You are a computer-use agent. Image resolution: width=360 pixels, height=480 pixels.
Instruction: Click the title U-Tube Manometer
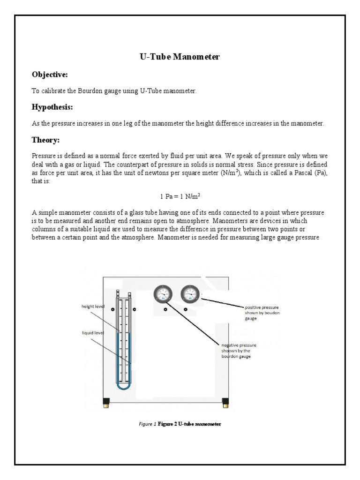tap(180, 57)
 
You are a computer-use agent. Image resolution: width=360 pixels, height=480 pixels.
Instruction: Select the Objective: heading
tap(50, 75)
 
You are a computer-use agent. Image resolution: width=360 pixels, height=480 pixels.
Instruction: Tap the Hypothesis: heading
tap(52, 107)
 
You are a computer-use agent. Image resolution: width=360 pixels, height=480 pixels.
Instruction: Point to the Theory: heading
tap(45, 140)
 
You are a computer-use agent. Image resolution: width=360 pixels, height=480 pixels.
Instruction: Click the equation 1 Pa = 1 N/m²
tap(180, 196)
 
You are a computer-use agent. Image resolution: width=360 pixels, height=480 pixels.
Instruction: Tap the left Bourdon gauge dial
tap(163, 294)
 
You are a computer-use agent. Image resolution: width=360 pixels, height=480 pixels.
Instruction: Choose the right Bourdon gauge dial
tap(190, 294)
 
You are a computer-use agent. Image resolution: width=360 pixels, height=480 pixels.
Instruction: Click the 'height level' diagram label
tap(93, 306)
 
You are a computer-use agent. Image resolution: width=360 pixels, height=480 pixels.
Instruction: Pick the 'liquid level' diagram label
tap(92, 333)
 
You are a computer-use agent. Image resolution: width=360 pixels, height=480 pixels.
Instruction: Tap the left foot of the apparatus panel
tap(106, 402)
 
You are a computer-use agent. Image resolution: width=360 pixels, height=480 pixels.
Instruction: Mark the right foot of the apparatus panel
tap(225, 402)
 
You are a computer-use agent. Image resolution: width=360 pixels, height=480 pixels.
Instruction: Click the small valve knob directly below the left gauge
tap(165, 310)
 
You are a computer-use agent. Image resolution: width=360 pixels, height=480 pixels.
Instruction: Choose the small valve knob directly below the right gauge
tap(186, 310)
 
